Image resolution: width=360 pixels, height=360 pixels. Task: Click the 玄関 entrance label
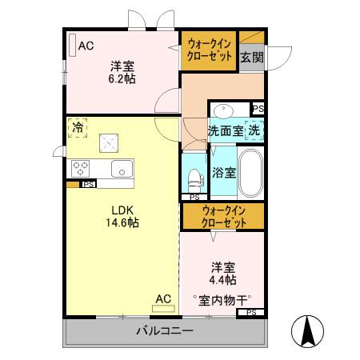point(251,57)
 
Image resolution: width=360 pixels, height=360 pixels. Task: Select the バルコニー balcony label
point(163,330)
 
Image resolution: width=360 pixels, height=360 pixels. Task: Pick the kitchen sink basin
point(122,168)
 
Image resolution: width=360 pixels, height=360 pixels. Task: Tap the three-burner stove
point(81,168)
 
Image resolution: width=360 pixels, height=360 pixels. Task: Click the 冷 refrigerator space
point(78,128)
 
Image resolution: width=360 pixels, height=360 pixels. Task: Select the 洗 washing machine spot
point(254,130)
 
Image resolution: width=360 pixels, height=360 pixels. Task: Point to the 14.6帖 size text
point(122,222)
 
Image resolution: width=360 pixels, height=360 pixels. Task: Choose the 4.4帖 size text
point(222,279)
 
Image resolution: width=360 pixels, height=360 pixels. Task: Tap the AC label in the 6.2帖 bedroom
point(85,46)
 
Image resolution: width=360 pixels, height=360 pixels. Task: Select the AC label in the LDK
point(163,299)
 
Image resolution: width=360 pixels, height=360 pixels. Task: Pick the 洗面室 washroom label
point(226,130)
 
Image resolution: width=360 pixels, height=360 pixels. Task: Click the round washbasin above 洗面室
point(223,110)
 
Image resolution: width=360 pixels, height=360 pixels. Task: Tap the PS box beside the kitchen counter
point(90,184)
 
